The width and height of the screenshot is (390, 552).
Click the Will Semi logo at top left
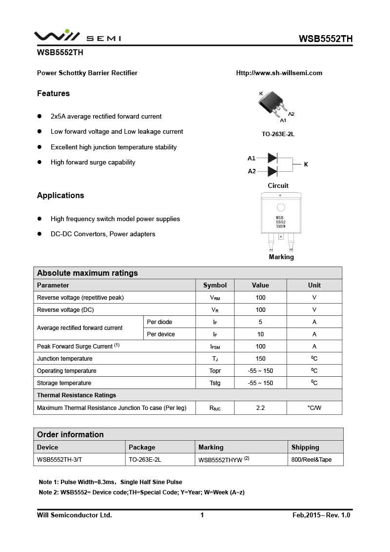pyautogui.click(x=77, y=37)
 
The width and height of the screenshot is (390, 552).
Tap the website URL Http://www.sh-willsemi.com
pyautogui.click(x=279, y=73)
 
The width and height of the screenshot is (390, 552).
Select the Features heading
pyautogui.click(x=53, y=93)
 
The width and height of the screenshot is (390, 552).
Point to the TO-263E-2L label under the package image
pyautogui.click(x=278, y=134)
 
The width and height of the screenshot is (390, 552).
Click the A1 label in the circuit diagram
pyautogui.click(x=252, y=158)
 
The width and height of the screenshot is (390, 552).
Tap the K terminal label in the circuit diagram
pyautogui.click(x=306, y=164)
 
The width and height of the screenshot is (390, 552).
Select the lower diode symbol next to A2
pyautogui.click(x=273, y=171)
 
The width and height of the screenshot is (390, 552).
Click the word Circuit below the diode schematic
pyautogui.click(x=278, y=185)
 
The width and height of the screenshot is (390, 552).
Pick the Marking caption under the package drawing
pyautogui.click(x=281, y=257)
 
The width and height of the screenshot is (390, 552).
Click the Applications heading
pyautogui.click(x=60, y=195)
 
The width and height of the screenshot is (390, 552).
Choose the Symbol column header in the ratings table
pyautogui.click(x=215, y=285)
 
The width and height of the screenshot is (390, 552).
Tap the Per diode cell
pyautogui.click(x=159, y=322)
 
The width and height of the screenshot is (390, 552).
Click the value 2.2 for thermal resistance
pyautogui.click(x=260, y=408)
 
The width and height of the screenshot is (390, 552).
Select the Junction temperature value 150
pyautogui.click(x=260, y=359)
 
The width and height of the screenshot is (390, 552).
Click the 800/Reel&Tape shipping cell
pyautogui.click(x=311, y=460)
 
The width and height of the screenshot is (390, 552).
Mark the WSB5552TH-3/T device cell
pyautogui.click(x=63, y=460)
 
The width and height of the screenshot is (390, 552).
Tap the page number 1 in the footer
pyautogui.click(x=202, y=515)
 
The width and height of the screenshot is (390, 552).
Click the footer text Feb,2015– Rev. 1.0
pyautogui.click(x=321, y=515)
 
